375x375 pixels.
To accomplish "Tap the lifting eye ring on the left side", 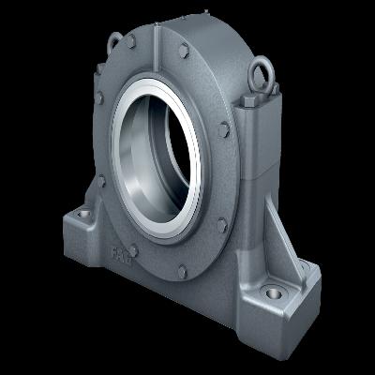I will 113,41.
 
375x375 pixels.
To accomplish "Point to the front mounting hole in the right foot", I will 273,292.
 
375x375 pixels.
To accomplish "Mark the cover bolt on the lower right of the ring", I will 222,224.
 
